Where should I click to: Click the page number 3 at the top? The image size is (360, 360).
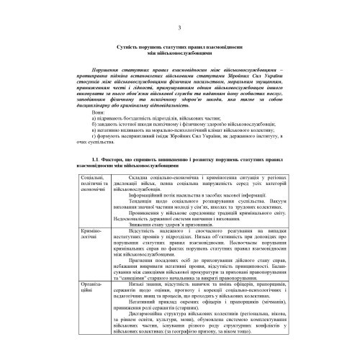click(179, 27)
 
